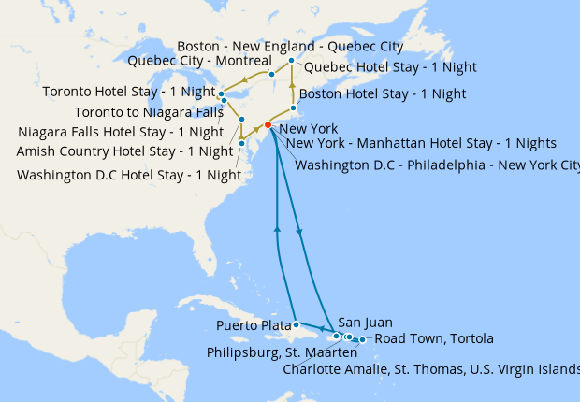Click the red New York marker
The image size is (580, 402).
point(268,124)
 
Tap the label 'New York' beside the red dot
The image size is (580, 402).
point(309,128)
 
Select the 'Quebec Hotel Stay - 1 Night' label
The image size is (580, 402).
point(390,67)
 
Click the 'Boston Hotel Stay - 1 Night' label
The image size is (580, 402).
point(383,94)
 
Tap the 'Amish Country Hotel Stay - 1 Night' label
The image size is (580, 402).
point(124,151)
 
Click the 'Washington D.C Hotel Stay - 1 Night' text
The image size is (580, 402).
point(129,175)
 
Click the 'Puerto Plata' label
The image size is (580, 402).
point(253,325)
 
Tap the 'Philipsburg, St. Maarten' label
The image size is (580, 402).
point(282,352)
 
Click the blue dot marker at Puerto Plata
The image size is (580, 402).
point(296,324)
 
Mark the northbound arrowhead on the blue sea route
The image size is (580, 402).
point(277,227)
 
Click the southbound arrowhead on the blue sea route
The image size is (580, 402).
point(299,232)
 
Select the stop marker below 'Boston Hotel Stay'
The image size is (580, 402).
point(293,109)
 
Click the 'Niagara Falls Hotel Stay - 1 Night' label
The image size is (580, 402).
point(122,132)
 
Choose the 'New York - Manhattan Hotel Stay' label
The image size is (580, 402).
point(421,143)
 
